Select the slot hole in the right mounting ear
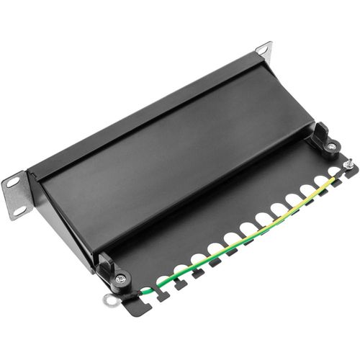pos(262,50)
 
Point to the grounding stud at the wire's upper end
pos(348,166)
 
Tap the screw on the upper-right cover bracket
pos(330,147)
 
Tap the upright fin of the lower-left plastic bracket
pos(106,263)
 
